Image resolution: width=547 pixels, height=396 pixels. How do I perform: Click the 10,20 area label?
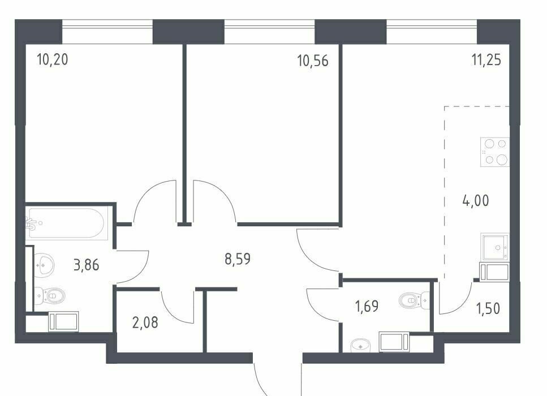pyautogui.click(x=53, y=59)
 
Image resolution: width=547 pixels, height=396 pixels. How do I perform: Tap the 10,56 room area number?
pyautogui.click(x=313, y=61)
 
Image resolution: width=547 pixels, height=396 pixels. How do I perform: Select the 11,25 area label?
pyautogui.click(x=486, y=60)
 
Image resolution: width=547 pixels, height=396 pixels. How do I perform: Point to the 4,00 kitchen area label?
pyautogui.click(x=476, y=201)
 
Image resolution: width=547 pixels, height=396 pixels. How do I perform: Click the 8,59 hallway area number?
pyautogui.click(x=238, y=259)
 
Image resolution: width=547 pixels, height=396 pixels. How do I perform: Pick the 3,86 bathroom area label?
pyautogui.click(x=87, y=265)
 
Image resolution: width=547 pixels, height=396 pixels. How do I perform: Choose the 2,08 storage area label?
pyautogui.click(x=145, y=322)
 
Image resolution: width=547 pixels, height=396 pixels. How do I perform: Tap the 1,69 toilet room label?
pyautogui.click(x=367, y=306)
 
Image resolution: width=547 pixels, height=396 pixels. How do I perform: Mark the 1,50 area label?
pyautogui.click(x=488, y=308)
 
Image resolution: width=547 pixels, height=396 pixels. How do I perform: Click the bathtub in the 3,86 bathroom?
pyautogui.click(x=66, y=223)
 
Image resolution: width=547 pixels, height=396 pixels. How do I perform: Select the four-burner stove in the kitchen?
pyautogui.click(x=494, y=152)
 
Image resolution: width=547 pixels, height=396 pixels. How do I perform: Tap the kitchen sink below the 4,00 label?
pyautogui.click(x=494, y=247)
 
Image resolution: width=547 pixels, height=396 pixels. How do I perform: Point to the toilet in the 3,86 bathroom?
pyautogui.click(x=50, y=296)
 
